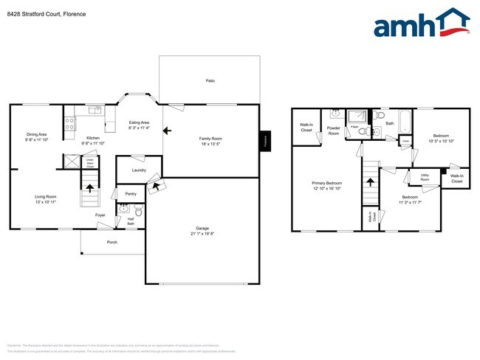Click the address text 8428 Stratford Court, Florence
click(46, 14)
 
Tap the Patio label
click(210, 80)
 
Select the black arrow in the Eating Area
click(167, 131)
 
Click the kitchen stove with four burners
click(68, 123)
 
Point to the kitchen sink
click(94, 111)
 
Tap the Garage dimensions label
click(202, 235)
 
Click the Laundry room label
click(139, 170)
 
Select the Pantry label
click(131, 193)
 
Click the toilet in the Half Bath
click(138, 212)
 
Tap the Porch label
click(112, 242)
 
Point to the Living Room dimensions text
click(46, 201)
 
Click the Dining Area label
click(37, 134)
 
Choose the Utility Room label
click(425, 178)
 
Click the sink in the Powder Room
click(335, 115)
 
